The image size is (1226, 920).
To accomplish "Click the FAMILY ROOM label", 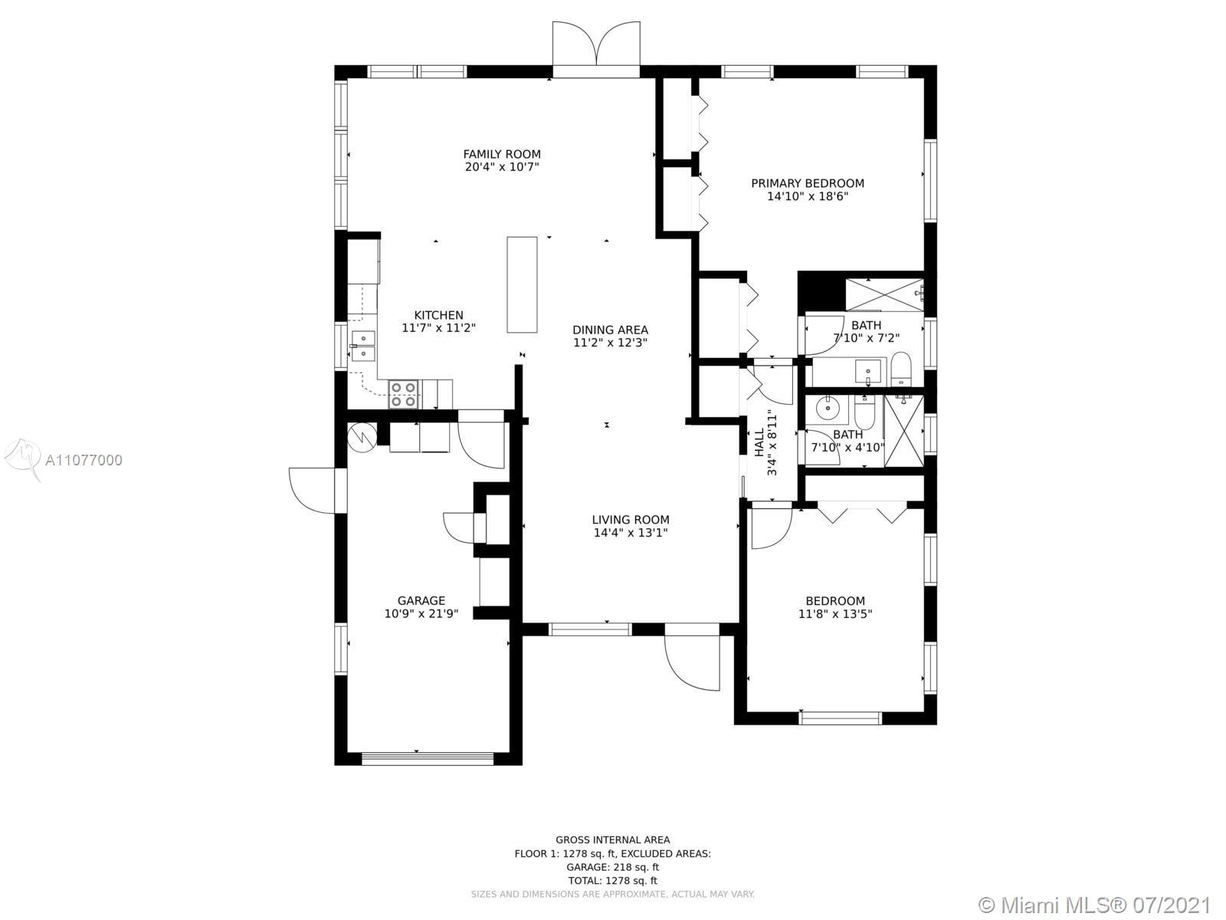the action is tap(502, 154).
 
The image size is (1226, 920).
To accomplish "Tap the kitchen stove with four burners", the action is tap(404, 394).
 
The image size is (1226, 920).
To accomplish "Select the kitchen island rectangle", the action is tap(523, 285).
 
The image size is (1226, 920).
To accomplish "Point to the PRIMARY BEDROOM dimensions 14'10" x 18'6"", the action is tap(808, 196).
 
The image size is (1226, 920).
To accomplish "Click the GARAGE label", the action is tap(421, 600).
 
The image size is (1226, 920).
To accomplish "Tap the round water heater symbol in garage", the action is tap(362, 437).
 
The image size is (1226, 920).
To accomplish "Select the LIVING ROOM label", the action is tap(631, 520).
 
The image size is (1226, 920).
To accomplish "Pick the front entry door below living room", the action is tap(692, 658).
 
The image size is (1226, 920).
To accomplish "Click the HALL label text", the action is tap(759, 442).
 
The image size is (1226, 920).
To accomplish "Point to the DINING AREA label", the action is tap(611, 330).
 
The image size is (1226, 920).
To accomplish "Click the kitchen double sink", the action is tap(363, 347).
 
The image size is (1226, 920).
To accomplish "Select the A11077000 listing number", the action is tap(84, 460).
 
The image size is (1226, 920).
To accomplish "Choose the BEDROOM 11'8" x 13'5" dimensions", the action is tap(835, 614).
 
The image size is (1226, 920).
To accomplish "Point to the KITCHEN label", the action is tap(438, 315).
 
